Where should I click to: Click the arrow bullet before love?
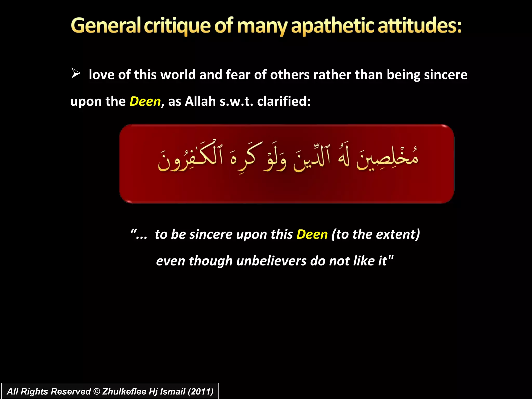[76, 74]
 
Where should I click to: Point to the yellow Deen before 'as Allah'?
[145, 101]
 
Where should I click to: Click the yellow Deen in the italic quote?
[312, 234]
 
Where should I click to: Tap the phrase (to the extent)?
[376, 234]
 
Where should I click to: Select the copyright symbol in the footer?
[96, 391]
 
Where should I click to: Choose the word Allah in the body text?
[200, 101]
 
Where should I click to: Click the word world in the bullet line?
[178, 75]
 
